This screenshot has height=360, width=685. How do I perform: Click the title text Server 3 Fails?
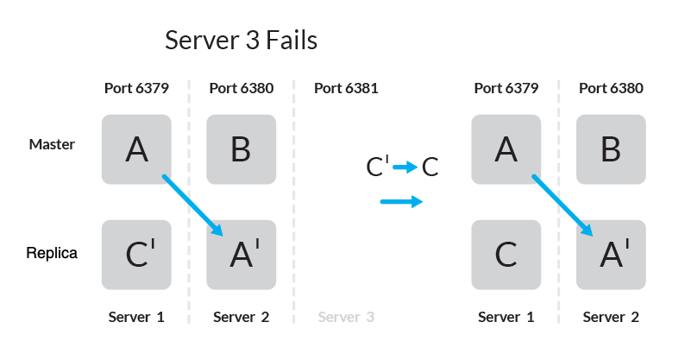pyautogui.click(x=242, y=41)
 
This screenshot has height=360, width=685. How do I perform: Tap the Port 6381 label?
pyautogui.click(x=346, y=88)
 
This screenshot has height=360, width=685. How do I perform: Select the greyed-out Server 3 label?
pyautogui.click(x=346, y=317)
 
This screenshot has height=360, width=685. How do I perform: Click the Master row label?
pyautogui.click(x=52, y=144)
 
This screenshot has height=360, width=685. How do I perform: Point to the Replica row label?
pyautogui.click(x=52, y=254)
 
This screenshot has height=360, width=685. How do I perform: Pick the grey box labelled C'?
pyautogui.click(x=136, y=255)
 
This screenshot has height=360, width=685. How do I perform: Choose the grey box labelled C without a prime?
pyautogui.click(x=506, y=255)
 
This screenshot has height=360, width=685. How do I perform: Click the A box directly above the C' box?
pyautogui.click(x=136, y=149)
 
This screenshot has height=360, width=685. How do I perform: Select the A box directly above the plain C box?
pyautogui.click(x=506, y=149)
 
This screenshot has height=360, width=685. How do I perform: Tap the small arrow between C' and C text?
pyautogui.click(x=405, y=167)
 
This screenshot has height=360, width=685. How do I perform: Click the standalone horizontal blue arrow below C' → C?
pyautogui.click(x=401, y=202)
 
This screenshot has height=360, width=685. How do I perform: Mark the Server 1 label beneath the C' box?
pyautogui.click(x=136, y=317)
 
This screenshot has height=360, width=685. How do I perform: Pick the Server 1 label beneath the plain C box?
pyautogui.click(x=506, y=317)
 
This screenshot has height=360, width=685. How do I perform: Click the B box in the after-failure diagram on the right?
pyautogui.click(x=611, y=149)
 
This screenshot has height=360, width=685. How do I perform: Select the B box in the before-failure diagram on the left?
pyautogui.click(x=241, y=149)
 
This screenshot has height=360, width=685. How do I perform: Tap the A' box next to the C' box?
pyautogui.click(x=241, y=255)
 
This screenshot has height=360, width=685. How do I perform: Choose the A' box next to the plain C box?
pyautogui.click(x=611, y=255)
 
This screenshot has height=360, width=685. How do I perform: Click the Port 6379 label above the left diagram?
pyautogui.click(x=136, y=88)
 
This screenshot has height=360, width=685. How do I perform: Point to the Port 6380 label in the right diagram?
pyautogui.click(x=611, y=88)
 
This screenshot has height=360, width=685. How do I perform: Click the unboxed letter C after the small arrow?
pyautogui.click(x=430, y=167)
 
